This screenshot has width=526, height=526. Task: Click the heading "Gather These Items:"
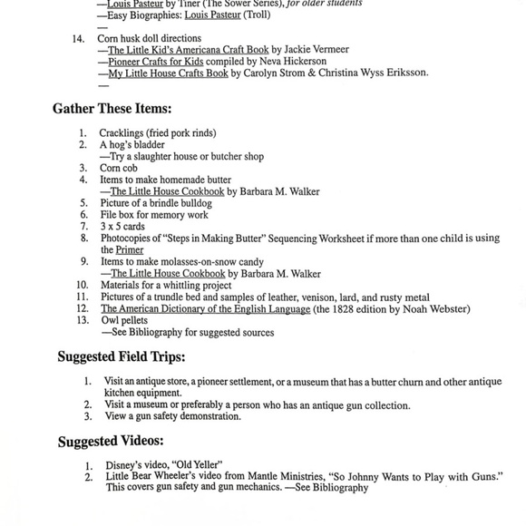point(111,109)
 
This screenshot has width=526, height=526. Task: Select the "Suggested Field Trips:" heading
point(122,357)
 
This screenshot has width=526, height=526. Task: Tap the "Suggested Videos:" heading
point(111,442)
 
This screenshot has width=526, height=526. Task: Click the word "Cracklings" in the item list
point(121,133)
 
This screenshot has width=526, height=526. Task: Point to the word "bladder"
point(148,145)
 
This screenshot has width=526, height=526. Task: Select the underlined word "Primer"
point(129,250)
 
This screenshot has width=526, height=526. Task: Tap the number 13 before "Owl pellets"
point(82,320)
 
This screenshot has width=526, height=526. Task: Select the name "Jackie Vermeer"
point(317,49)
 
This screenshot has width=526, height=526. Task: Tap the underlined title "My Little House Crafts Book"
point(169,73)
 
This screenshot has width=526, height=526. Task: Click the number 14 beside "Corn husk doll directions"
point(78,38)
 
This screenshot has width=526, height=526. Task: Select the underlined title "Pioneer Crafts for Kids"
point(156,61)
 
